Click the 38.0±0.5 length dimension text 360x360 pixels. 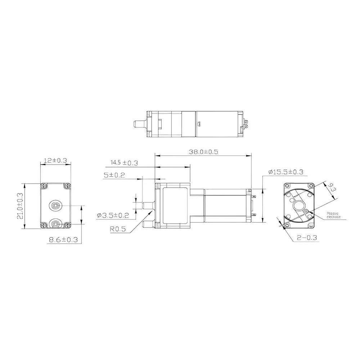[203, 152]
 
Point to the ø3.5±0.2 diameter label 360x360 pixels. [113, 216]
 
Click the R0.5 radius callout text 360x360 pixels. [119, 228]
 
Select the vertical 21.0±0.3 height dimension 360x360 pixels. [19, 206]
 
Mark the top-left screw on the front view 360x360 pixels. [44, 185]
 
